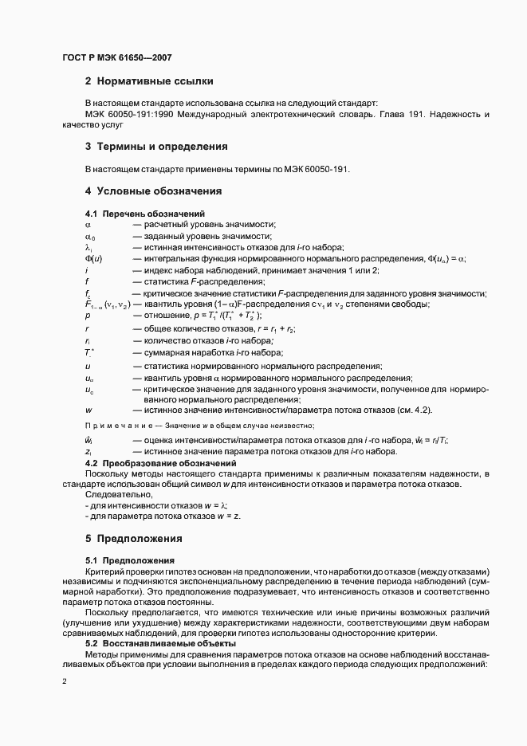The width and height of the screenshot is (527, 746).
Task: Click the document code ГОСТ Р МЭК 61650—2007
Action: click(x=116, y=57)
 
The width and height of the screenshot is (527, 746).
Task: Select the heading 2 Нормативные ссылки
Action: click(x=148, y=81)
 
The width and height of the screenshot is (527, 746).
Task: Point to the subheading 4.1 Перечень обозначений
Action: click(x=145, y=214)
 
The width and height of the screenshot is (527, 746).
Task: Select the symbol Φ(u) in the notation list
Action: click(x=93, y=259)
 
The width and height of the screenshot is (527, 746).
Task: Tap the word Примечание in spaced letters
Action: click(x=117, y=426)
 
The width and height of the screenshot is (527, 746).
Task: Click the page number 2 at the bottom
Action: click(x=65, y=681)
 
